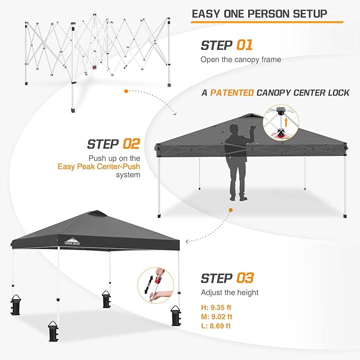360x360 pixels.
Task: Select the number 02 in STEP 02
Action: [131, 144]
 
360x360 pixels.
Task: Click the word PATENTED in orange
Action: [232, 93]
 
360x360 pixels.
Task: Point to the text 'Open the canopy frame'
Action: [241, 60]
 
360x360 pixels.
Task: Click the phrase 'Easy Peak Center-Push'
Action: [99, 166]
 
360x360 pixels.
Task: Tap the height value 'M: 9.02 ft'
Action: [216, 317]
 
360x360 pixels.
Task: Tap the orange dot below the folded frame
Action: [126, 91]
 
